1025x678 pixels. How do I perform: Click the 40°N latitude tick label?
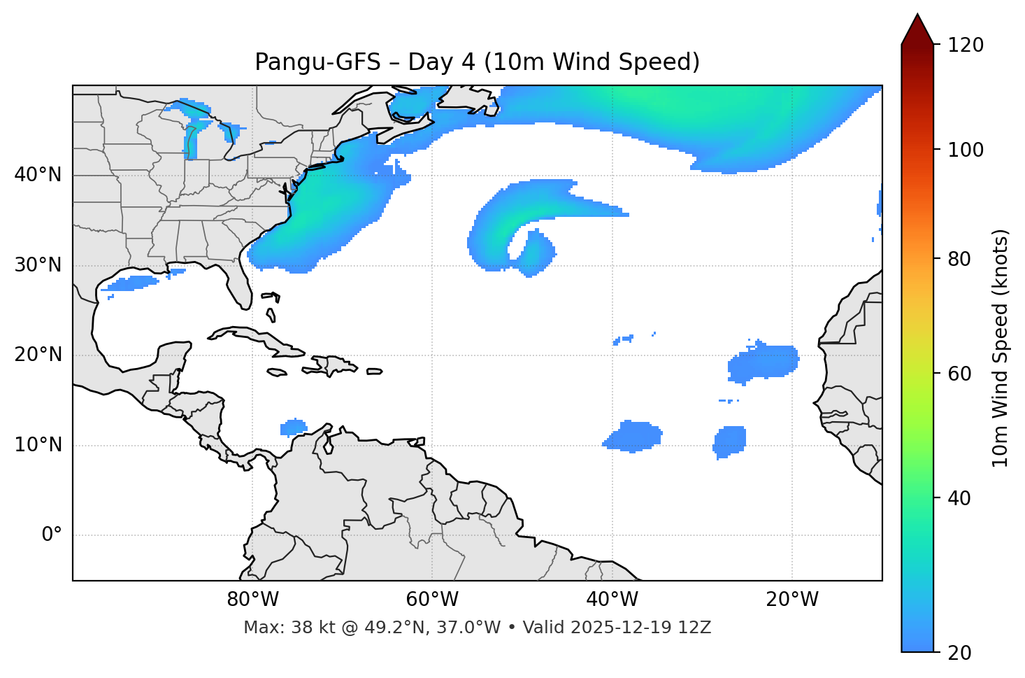(x=38, y=175)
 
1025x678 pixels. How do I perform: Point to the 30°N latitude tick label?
(x=38, y=265)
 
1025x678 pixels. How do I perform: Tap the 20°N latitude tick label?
(x=38, y=355)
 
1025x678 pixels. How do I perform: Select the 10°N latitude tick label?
(x=38, y=445)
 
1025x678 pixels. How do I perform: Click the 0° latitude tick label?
(x=52, y=535)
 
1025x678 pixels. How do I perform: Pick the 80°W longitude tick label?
(x=252, y=600)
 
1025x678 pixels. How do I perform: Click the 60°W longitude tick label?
(x=432, y=600)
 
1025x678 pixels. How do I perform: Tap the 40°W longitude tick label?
(x=612, y=600)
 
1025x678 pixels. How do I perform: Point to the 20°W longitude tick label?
(x=791, y=600)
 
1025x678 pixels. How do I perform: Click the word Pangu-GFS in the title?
(x=317, y=63)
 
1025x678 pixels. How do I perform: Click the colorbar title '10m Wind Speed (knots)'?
(x=1001, y=348)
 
